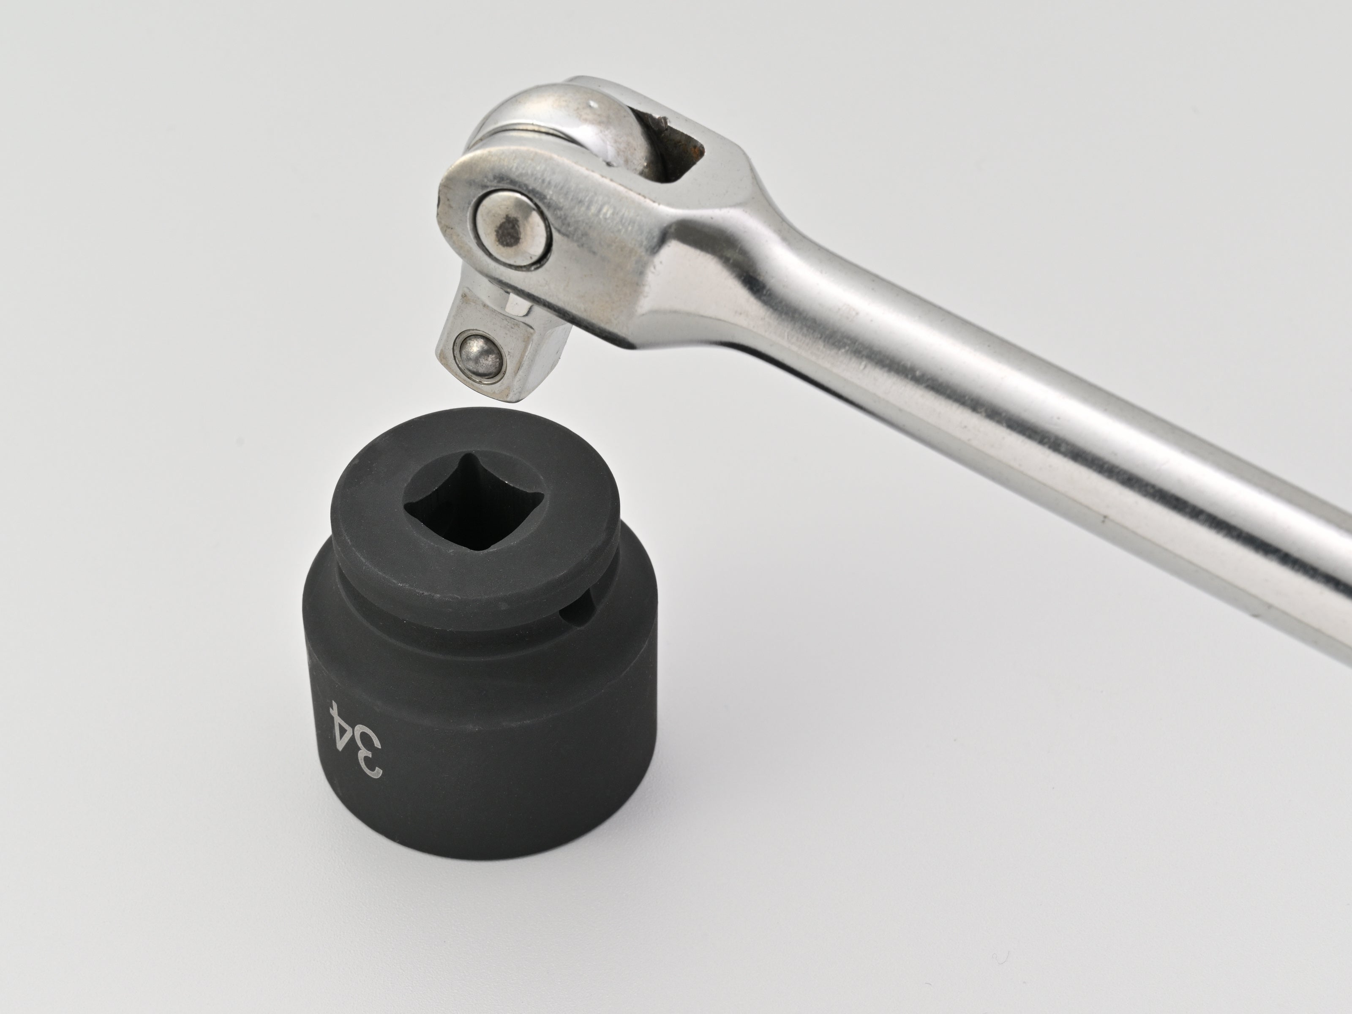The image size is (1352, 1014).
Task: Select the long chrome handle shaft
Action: (x=1039, y=428)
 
